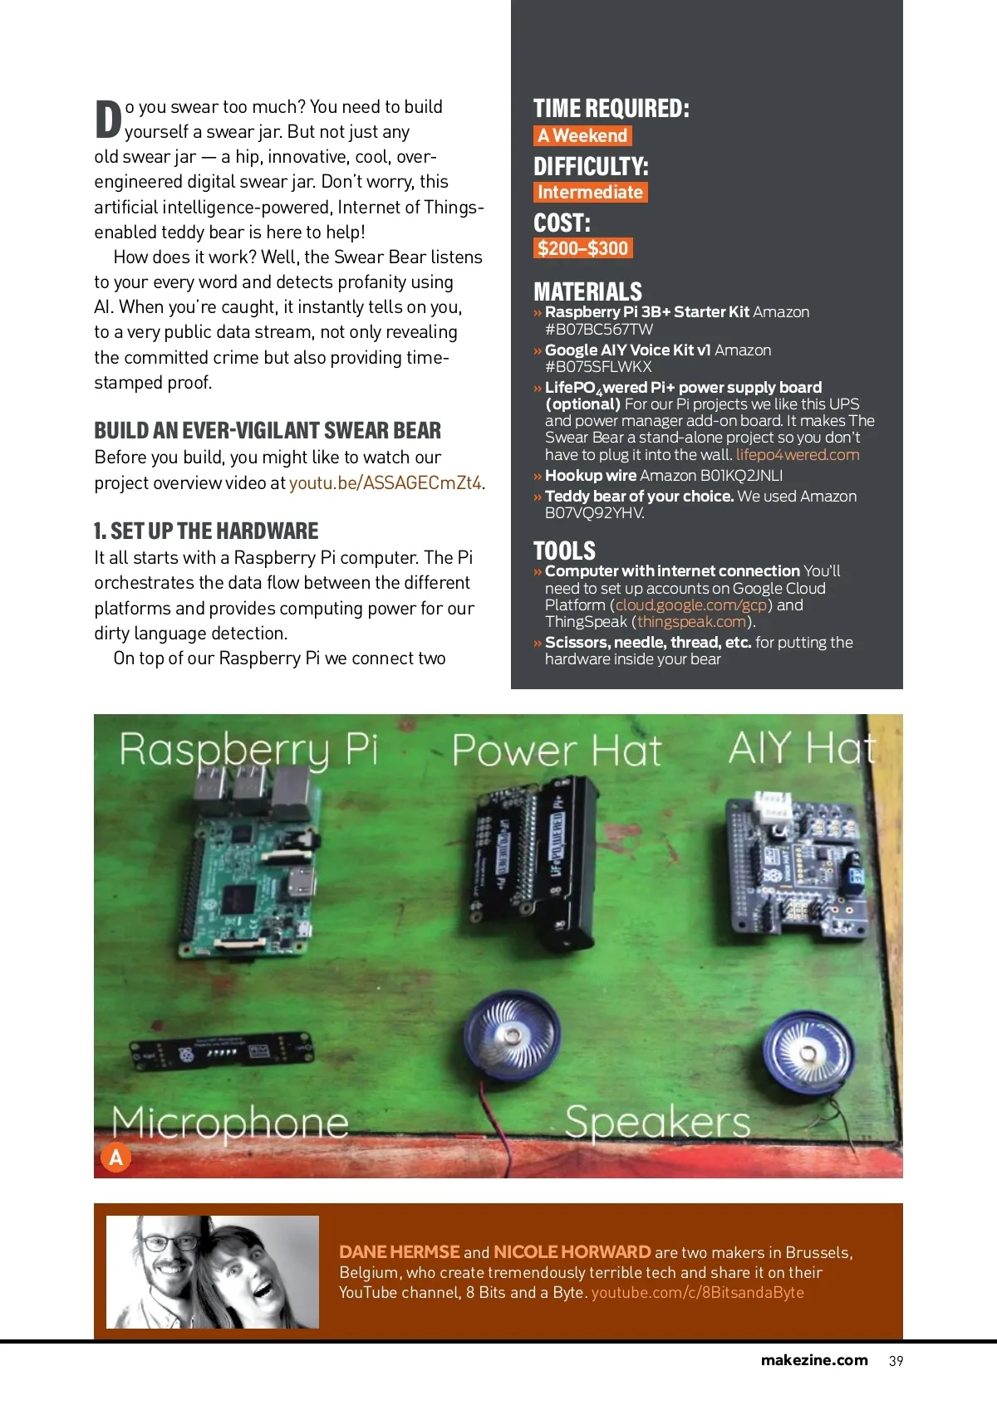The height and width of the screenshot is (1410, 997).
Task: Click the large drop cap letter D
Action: click(x=108, y=120)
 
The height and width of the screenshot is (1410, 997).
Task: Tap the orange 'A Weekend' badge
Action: click(x=582, y=135)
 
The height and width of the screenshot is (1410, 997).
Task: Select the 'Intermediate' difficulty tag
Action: click(x=590, y=192)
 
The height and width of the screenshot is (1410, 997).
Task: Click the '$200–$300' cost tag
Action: click(x=582, y=248)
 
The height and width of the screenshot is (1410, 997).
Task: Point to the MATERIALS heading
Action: click(x=587, y=291)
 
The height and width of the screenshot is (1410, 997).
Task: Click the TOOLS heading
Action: click(x=564, y=551)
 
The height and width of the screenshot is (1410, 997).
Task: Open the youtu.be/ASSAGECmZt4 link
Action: click(x=386, y=483)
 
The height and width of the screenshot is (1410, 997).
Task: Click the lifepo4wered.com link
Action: click(x=798, y=455)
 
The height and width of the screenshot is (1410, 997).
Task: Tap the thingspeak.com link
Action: click(x=692, y=622)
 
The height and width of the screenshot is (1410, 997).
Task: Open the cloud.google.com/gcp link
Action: click(x=691, y=605)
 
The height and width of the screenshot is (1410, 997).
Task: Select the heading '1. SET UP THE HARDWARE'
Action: click(x=206, y=531)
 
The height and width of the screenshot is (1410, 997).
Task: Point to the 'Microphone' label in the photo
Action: click(x=230, y=1122)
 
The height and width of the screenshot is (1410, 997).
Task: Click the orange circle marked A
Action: click(x=116, y=1157)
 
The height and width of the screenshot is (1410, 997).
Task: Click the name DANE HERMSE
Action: click(x=399, y=1252)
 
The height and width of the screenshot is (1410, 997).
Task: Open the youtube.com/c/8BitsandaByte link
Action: click(x=697, y=1293)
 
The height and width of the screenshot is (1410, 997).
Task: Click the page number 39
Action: click(x=896, y=1361)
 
